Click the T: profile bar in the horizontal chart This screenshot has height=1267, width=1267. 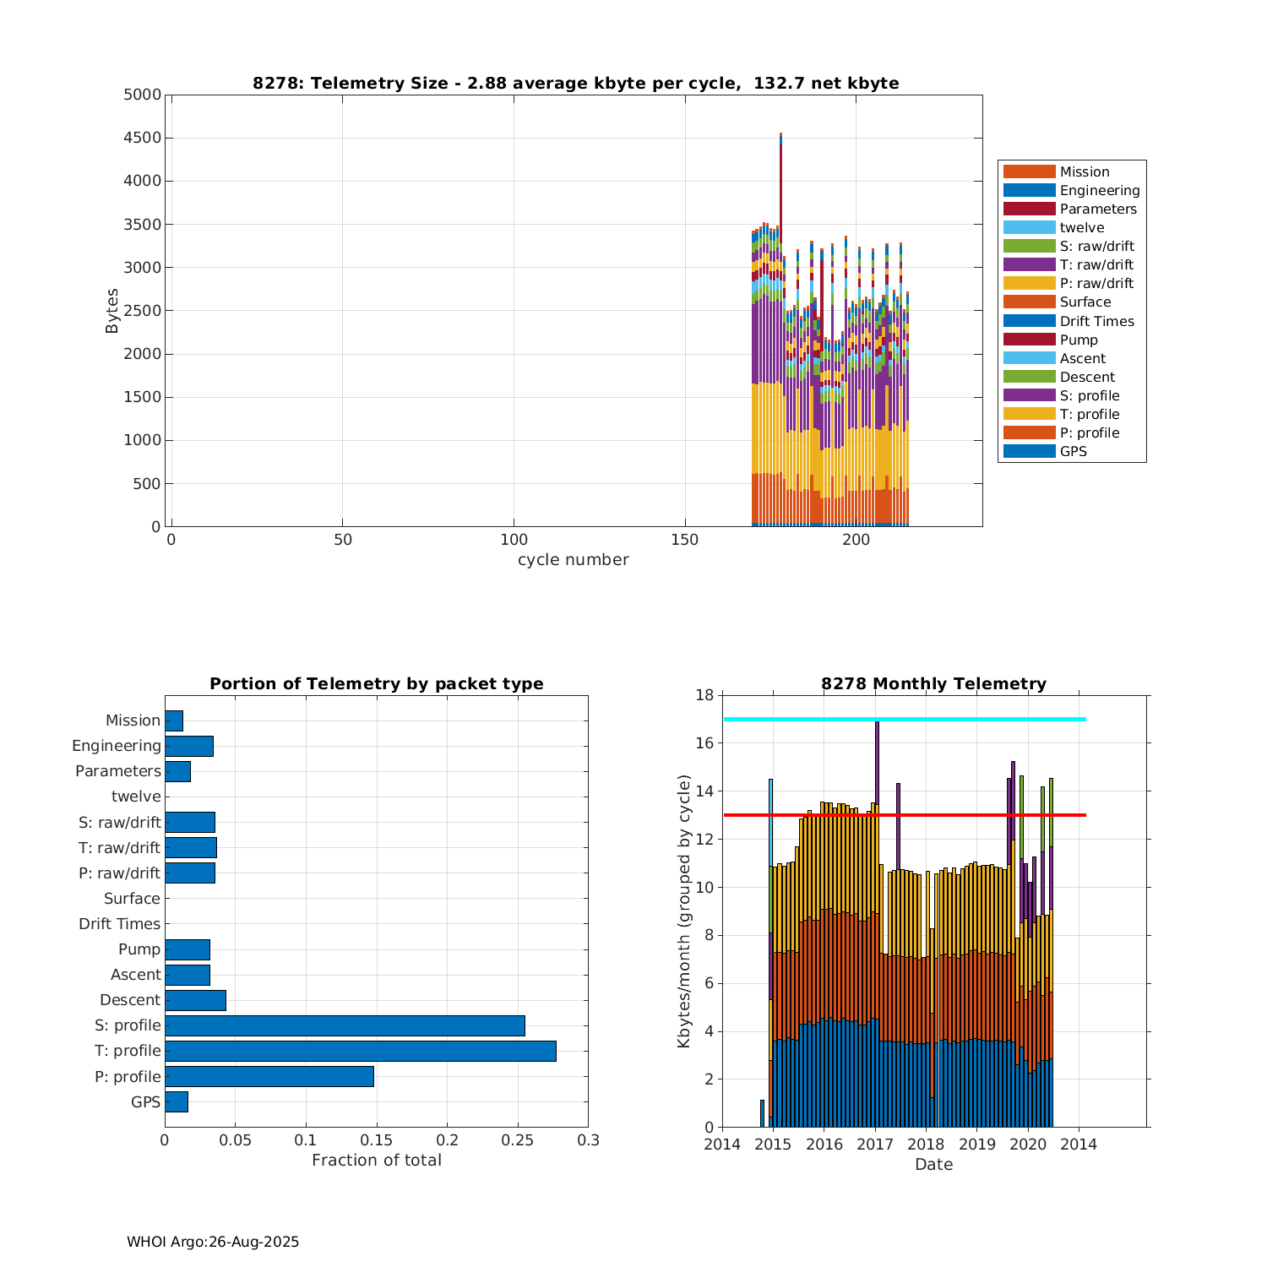pos(360,1051)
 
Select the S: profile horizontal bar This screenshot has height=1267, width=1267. pos(345,1025)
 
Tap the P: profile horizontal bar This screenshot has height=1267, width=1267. pos(269,1076)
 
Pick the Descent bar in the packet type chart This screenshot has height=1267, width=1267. pos(195,1000)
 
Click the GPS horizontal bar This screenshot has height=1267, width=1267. pos(177,1101)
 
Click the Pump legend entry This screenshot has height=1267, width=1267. pos(1079,340)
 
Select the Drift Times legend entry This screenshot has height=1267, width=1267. pos(1096,321)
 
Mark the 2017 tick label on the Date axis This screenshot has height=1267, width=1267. pos(875,1145)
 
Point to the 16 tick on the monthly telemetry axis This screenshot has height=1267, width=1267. pos(704,743)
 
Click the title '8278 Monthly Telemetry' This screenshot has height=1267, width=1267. pos(933,683)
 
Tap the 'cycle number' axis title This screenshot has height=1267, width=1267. pos(573,560)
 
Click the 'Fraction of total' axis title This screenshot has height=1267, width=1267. pos(376,1161)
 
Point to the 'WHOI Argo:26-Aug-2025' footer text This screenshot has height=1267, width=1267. pos(213,1242)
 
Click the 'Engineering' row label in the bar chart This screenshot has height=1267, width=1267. pos(117,746)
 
